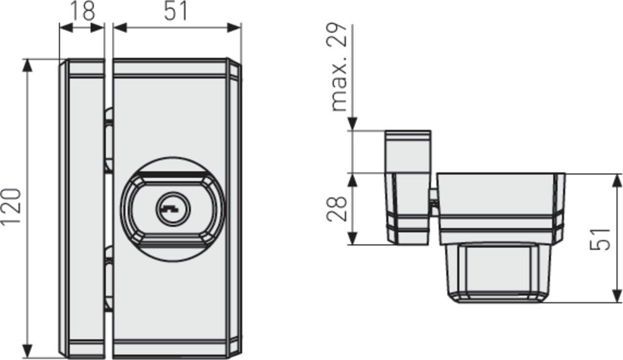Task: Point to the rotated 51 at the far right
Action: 600,239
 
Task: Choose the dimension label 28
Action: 336,209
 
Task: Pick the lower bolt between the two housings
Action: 108,278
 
